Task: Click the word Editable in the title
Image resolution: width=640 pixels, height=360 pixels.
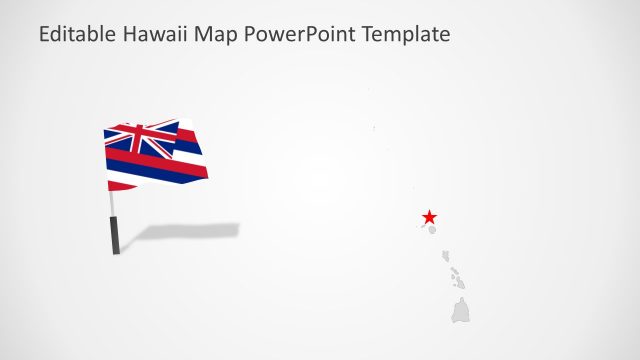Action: click(x=77, y=35)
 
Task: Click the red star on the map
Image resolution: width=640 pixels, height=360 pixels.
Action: click(x=429, y=217)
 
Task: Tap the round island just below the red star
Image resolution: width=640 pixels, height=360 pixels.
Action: click(x=433, y=230)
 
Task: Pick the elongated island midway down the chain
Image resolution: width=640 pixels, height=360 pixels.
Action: click(x=447, y=257)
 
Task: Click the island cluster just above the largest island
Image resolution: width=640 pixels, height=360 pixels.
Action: click(x=456, y=277)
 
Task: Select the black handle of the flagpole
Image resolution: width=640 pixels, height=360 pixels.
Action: click(x=116, y=238)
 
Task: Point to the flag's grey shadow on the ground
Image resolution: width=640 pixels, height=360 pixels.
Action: click(x=190, y=232)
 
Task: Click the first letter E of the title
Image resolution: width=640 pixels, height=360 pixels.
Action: click(x=44, y=35)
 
